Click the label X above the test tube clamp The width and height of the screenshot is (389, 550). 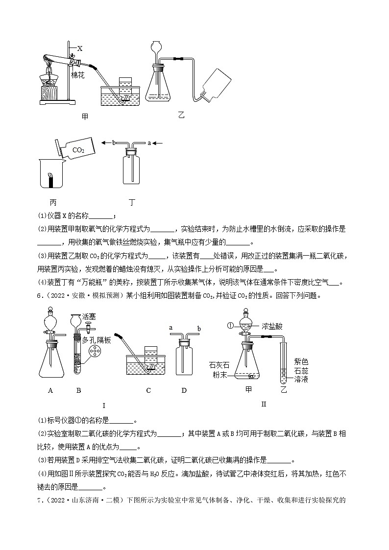pos(80,48)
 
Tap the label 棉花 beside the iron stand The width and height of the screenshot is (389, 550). pos(78,75)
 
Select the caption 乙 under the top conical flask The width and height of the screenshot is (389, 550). pos(182,116)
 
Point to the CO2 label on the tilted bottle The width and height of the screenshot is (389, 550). pos(78,150)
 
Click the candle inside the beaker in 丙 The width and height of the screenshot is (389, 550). pos(49,179)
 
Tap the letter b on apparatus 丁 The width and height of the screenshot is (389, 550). pos(114,143)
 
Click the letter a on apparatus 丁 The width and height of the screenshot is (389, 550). pos(148,143)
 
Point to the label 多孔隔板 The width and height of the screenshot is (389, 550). pos(97,340)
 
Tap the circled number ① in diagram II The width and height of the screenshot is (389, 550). pos(230,325)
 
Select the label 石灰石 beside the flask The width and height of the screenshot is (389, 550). pos(219,365)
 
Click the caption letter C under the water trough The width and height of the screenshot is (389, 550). pos(148,390)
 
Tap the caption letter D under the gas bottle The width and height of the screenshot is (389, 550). pos(184,390)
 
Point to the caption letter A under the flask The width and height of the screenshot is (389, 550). pos(50,390)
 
